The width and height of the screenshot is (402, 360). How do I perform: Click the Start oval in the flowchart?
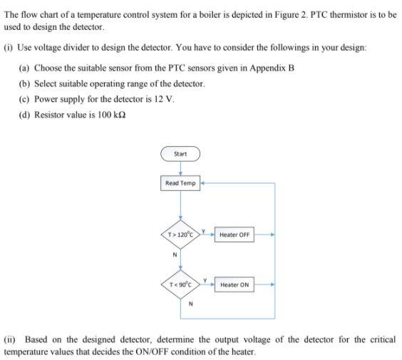click(x=180, y=153)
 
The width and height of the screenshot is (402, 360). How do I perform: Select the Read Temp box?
click(x=180, y=183)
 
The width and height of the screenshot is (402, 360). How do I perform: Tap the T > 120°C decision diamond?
click(x=180, y=234)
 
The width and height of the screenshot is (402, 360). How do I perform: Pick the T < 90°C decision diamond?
click(x=180, y=284)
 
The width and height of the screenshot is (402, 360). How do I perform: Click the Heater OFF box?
click(x=234, y=234)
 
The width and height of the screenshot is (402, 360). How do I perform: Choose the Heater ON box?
click(x=234, y=284)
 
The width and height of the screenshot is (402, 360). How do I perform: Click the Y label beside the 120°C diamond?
click(x=203, y=230)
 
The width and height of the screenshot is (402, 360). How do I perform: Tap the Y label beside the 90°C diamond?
click(x=205, y=280)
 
